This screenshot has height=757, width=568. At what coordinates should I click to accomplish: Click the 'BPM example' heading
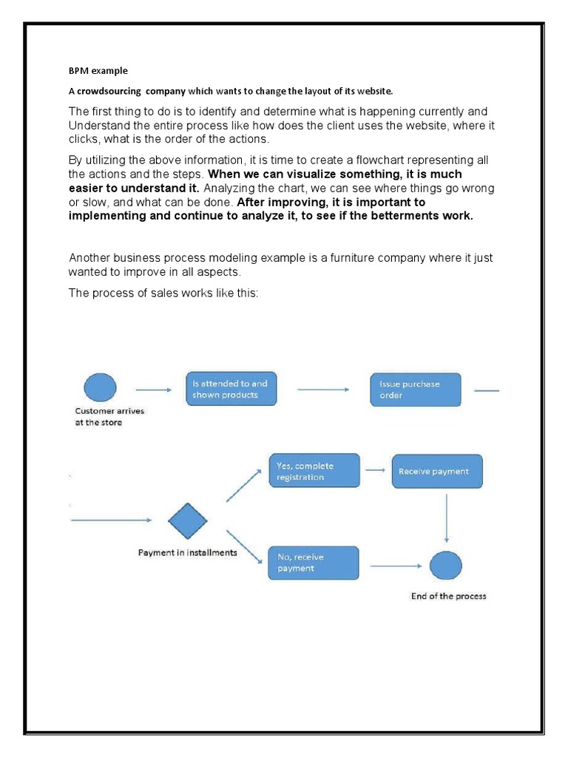[98, 71]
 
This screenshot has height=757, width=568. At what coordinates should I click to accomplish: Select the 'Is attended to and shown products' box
[230, 389]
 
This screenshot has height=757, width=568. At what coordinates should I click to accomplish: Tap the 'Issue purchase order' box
[415, 390]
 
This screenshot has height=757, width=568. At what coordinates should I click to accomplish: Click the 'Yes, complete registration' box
[314, 472]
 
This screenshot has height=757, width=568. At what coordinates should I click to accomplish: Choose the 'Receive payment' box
[437, 471]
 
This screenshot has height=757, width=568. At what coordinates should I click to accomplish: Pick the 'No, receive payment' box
[313, 563]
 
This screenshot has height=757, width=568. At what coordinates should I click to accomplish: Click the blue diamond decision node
[188, 521]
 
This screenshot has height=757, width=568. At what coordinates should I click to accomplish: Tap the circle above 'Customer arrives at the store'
[100, 387]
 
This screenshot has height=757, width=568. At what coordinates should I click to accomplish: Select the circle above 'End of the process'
[446, 566]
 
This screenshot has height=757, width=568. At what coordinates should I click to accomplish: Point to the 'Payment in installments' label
[188, 553]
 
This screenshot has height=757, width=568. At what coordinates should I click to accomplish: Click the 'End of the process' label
[448, 596]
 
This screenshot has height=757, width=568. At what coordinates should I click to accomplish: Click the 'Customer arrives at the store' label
[109, 417]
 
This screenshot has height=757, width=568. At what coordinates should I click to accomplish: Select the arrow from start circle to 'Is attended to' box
[155, 389]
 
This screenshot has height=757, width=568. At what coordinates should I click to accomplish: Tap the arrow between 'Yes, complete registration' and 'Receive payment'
[376, 470]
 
